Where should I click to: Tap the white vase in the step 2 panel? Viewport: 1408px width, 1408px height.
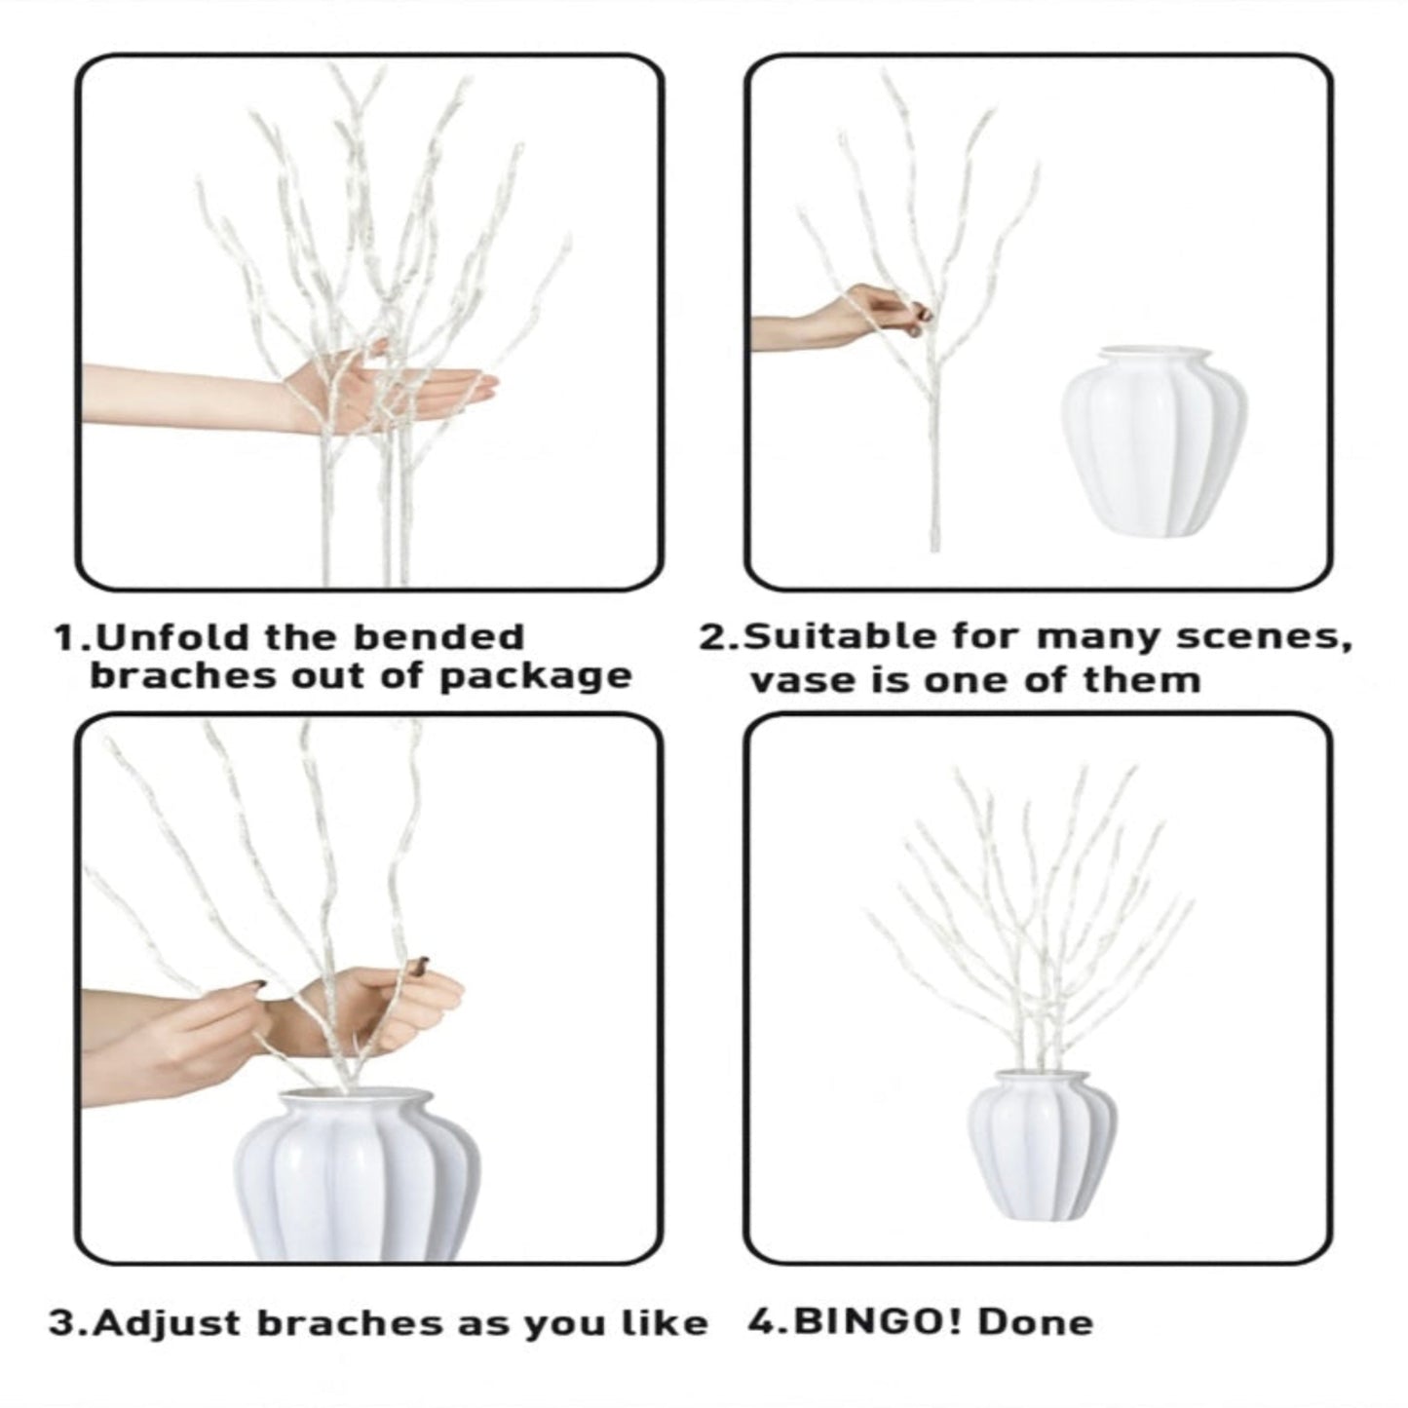1153,443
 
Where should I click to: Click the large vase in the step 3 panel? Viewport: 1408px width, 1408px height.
357,1179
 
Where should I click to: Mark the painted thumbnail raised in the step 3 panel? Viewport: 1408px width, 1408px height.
419,966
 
